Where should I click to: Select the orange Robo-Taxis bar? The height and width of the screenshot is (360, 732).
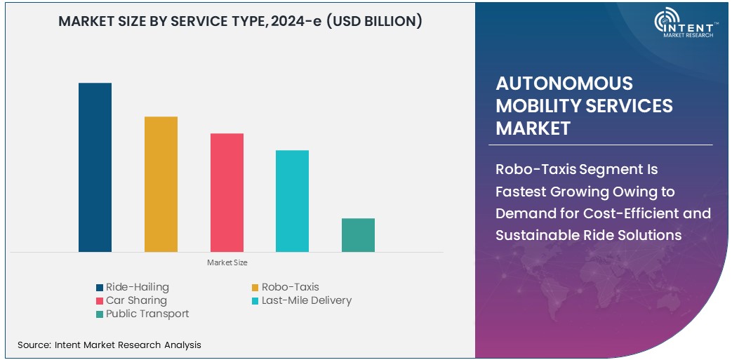coord(161,184)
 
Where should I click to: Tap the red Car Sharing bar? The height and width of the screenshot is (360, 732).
coord(227,192)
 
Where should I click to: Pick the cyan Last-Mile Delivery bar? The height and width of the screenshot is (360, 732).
coord(292,201)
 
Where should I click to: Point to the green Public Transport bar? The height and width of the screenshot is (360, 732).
coord(358,234)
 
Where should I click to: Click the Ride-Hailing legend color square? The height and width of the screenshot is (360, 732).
coord(100,287)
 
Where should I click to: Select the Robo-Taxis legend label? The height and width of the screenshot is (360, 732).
coord(290,287)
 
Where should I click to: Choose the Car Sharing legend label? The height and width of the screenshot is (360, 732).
coord(136,300)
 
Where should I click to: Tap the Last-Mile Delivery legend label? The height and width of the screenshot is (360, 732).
coord(306,300)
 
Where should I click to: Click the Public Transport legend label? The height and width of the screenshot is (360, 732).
coord(147,314)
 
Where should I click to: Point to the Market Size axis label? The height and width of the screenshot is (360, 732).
coord(227,262)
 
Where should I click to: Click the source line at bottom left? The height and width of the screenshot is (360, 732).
coord(109,345)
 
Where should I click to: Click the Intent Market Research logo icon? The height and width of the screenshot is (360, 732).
coord(666,22)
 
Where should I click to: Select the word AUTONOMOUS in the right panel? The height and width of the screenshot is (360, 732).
coord(554,84)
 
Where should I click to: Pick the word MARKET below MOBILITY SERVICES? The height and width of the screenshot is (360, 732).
coord(533,128)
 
